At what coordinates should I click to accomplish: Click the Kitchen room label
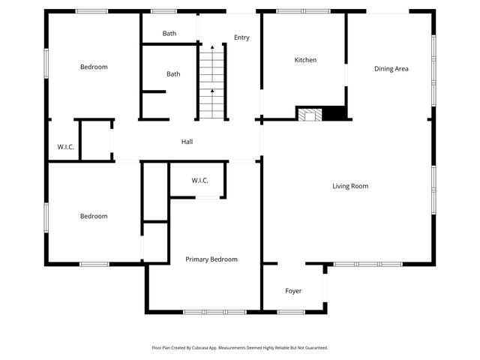[x=305, y=60]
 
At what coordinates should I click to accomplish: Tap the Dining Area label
[x=391, y=69]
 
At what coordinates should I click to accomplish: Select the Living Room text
[x=350, y=186]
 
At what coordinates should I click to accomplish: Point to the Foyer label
[x=293, y=290]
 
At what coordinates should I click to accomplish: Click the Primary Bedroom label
[x=211, y=259]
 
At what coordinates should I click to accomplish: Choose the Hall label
[x=187, y=142]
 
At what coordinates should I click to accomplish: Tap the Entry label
[x=241, y=37]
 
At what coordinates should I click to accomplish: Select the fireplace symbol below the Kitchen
[x=310, y=115]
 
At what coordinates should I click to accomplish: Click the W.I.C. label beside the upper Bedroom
[x=66, y=147]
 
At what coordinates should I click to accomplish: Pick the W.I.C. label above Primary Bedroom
[x=199, y=181]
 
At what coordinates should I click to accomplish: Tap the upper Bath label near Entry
[x=169, y=34]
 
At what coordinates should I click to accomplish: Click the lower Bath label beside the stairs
[x=173, y=74]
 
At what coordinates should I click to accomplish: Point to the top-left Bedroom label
[x=94, y=67]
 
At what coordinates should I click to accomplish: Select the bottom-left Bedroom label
[x=94, y=217]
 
